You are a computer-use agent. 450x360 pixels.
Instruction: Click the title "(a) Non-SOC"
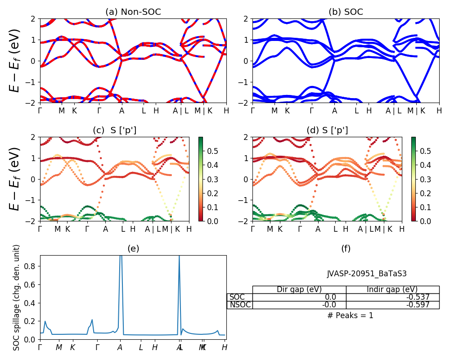click(133, 12)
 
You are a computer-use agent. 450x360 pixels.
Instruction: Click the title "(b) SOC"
click(346, 12)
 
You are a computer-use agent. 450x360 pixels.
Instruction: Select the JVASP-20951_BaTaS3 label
click(367, 274)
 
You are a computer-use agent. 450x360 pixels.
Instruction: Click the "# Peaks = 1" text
click(350, 315)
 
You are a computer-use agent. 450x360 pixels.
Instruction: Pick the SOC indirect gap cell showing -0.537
click(392, 297)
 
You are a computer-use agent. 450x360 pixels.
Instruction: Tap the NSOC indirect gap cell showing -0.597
click(392, 305)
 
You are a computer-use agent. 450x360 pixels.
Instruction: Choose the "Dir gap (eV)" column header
click(299, 289)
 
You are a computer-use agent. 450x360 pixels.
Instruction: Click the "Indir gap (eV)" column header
click(392, 289)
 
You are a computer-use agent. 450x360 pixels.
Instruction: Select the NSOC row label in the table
click(239, 305)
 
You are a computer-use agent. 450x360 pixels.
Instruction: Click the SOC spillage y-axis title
click(17, 297)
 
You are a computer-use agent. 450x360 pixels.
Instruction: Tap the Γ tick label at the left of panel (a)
click(40, 111)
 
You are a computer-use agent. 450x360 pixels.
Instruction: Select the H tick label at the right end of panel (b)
click(439, 111)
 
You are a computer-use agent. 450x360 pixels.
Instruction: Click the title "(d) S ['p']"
click(327, 130)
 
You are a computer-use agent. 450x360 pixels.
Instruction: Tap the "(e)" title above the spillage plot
click(133, 249)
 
